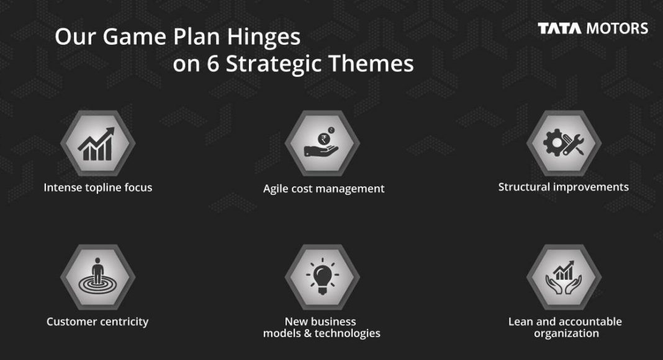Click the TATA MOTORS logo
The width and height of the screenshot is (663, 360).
coord(593,29)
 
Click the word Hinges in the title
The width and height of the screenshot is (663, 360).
coord(263,37)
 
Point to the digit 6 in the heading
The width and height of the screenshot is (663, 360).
coord(213,63)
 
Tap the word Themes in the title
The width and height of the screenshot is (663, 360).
coord(371,63)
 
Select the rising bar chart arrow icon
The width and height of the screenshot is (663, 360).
coord(96,144)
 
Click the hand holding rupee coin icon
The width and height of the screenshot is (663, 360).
coord(322,142)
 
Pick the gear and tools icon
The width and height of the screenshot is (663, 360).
coord(564,142)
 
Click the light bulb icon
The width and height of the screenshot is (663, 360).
coord(322,276)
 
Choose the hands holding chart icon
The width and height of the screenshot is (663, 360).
coord(564,277)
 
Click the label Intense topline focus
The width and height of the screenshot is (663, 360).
coord(97,187)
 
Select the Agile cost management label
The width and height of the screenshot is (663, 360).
coord(323,189)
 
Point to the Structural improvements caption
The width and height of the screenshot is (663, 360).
coord(563,187)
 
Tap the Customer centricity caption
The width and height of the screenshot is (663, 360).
coord(97,322)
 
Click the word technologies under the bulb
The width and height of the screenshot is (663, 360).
coord(347,333)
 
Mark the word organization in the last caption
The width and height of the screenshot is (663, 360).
coord(566,333)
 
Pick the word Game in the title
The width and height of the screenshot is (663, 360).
coord(135,37)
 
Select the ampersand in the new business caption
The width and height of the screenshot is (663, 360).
coord(307,333)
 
